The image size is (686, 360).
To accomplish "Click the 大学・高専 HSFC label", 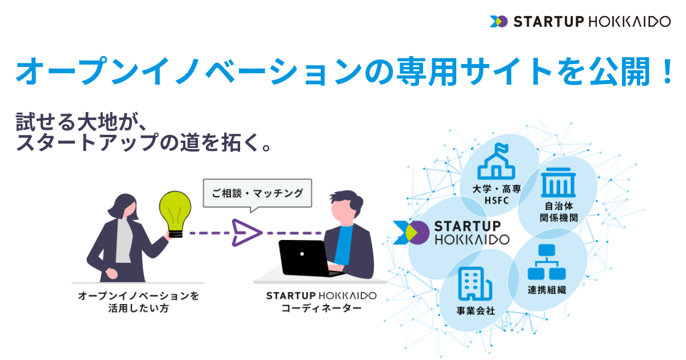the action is tap(497, 195).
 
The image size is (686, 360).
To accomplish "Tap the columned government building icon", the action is tap(559, 182).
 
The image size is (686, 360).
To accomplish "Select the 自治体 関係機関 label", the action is tap(559, 212).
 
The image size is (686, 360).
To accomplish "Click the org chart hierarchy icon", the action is tap(547, 262).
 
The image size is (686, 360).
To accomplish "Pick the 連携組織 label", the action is tap(547, 290).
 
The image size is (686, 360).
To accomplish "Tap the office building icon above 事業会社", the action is tap(475, 283).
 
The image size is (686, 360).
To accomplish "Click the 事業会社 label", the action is tap(476, 311).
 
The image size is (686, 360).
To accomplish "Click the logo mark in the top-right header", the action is tap(498, 22).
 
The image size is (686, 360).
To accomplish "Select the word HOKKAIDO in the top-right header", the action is tap(629, 22).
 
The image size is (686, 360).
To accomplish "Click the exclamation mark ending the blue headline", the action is tap(667, 71).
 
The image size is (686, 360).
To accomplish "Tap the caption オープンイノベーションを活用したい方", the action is tap(138, 302).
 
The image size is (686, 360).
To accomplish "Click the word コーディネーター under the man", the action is tap(321, 308).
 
